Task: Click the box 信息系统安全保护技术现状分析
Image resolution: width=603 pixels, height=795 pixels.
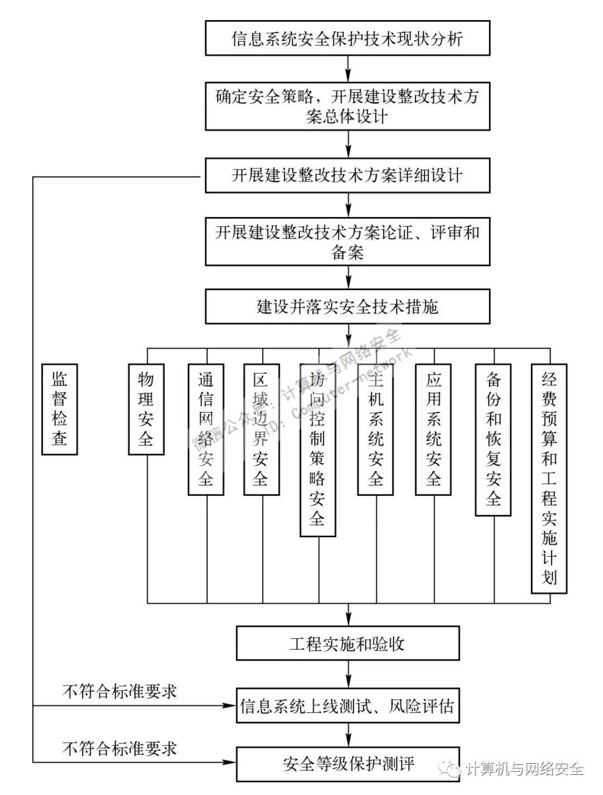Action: point(347,38)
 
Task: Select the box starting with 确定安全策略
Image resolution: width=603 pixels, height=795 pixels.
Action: point(347,107)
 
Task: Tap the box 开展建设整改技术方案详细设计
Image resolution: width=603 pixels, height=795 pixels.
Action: point(347,176)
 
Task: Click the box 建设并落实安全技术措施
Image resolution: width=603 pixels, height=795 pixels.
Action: point(347,306)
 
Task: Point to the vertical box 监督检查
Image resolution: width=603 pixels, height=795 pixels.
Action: point(59,409)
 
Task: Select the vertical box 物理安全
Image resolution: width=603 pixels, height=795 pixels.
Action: point(146,409)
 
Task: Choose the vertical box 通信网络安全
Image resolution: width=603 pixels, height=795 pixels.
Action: point(206,430)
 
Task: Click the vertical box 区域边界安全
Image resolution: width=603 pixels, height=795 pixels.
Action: point(261,430)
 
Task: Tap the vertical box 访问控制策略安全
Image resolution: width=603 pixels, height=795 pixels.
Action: point(317,450)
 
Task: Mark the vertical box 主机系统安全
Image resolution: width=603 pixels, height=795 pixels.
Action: point(375,430)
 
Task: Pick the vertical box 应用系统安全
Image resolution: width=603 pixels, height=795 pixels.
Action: point(433,430)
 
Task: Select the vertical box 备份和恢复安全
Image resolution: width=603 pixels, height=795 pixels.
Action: point(493,440)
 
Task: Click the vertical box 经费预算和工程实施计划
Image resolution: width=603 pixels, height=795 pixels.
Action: point(549,479)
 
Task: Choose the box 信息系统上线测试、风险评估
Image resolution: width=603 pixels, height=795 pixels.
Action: point(347,706)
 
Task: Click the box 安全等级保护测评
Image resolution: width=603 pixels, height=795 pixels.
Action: point(347,764)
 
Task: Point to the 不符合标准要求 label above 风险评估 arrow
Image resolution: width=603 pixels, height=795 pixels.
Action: point(119,692)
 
